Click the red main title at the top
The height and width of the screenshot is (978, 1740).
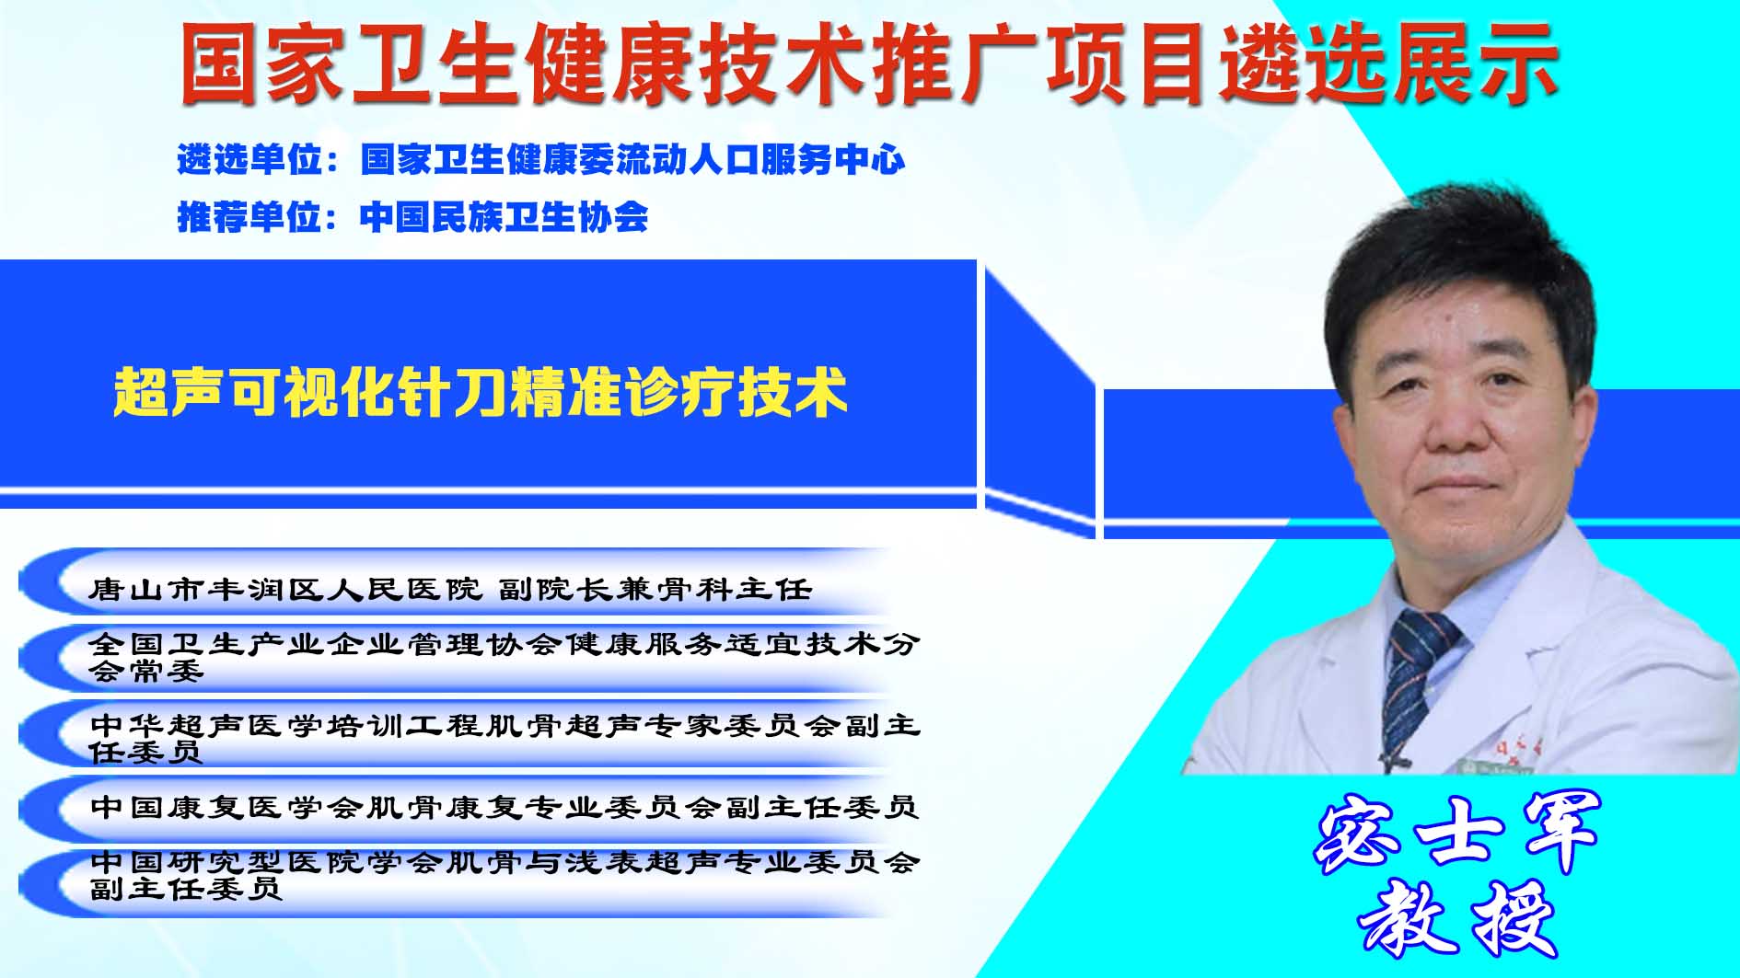click(869, 63)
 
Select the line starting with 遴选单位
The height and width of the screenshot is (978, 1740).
click(541, 160)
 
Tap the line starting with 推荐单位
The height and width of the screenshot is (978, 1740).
click(412, 217)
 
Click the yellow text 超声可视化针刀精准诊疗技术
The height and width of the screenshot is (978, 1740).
click(480, 393)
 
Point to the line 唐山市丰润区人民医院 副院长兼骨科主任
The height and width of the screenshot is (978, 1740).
click(450, 589)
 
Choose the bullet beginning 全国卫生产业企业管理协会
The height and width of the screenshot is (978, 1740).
click(505, 657)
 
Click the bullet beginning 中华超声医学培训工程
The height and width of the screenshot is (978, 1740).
click(505, 738)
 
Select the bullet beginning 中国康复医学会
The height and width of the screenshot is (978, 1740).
click(505, 807)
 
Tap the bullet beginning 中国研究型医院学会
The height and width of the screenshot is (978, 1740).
click(505, 875)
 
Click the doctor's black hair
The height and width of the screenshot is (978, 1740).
click(1459, 276)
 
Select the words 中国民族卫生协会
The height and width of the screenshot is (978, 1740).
click(504, 217)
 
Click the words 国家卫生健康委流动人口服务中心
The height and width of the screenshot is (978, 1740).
click(633, 160)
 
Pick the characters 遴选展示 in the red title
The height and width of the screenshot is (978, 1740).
click(1389, 63)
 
